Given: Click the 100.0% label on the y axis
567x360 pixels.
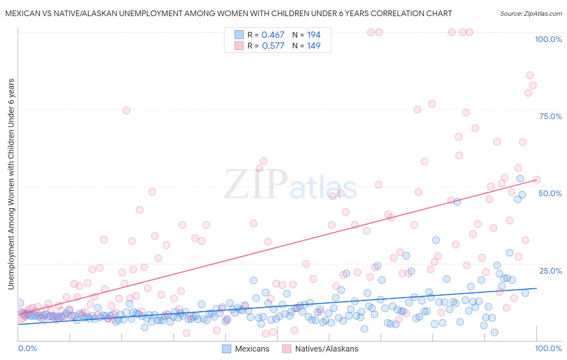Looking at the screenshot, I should [548, 39].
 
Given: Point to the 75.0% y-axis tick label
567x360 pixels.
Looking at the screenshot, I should [550, 116].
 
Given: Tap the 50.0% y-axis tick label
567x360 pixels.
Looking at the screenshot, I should [550, 193].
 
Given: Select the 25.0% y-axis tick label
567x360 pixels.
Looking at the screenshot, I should [550, 270].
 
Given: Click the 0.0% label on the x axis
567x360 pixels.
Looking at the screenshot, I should [27, 348].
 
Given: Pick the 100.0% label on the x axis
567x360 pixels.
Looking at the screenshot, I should [548, 348].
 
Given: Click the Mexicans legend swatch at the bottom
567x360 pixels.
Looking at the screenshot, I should [227, 349].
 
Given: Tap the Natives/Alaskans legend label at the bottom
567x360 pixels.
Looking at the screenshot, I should [326, 349].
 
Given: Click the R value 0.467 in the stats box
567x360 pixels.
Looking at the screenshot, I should [273, 35].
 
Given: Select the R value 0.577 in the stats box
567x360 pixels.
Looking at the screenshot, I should [273, 46].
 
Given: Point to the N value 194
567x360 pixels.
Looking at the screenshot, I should [314, 35].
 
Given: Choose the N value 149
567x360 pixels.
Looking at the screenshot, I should [314, 46].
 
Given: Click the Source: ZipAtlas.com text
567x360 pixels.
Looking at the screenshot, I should [531, 14].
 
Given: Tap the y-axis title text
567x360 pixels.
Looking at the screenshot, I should [11, 184].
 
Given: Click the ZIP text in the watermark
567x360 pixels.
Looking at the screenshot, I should [255, 184].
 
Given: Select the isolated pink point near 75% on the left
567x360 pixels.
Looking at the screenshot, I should [126, 111].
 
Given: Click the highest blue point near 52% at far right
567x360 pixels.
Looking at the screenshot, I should [520, 179].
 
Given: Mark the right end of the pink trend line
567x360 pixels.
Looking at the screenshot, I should [537, 180].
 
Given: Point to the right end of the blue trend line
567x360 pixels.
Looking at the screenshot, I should [537, 288].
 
